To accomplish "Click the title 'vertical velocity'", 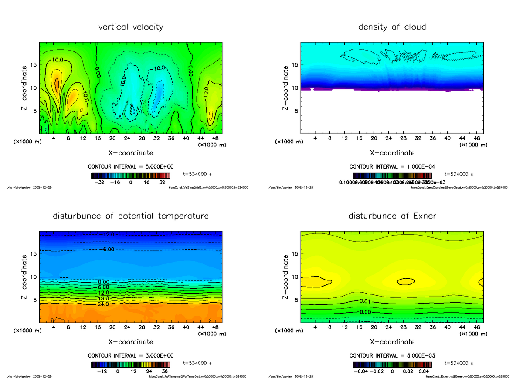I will (131, 27).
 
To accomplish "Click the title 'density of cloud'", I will (392, 27).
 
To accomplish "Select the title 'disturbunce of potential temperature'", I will (131, 216).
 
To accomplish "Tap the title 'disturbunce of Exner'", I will (392, 216).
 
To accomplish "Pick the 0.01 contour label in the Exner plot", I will (365, 301).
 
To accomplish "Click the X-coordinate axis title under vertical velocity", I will (131, 153).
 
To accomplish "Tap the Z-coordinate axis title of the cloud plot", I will (286, 88).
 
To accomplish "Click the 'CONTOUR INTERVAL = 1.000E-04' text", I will (392, 167).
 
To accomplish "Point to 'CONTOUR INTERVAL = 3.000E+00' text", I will (131, 355).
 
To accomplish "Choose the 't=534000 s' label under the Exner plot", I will (458, 363).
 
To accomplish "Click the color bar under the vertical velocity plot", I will (131, 175).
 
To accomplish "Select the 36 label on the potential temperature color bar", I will (164, 371).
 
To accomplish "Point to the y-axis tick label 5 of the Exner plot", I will (298, 300).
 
